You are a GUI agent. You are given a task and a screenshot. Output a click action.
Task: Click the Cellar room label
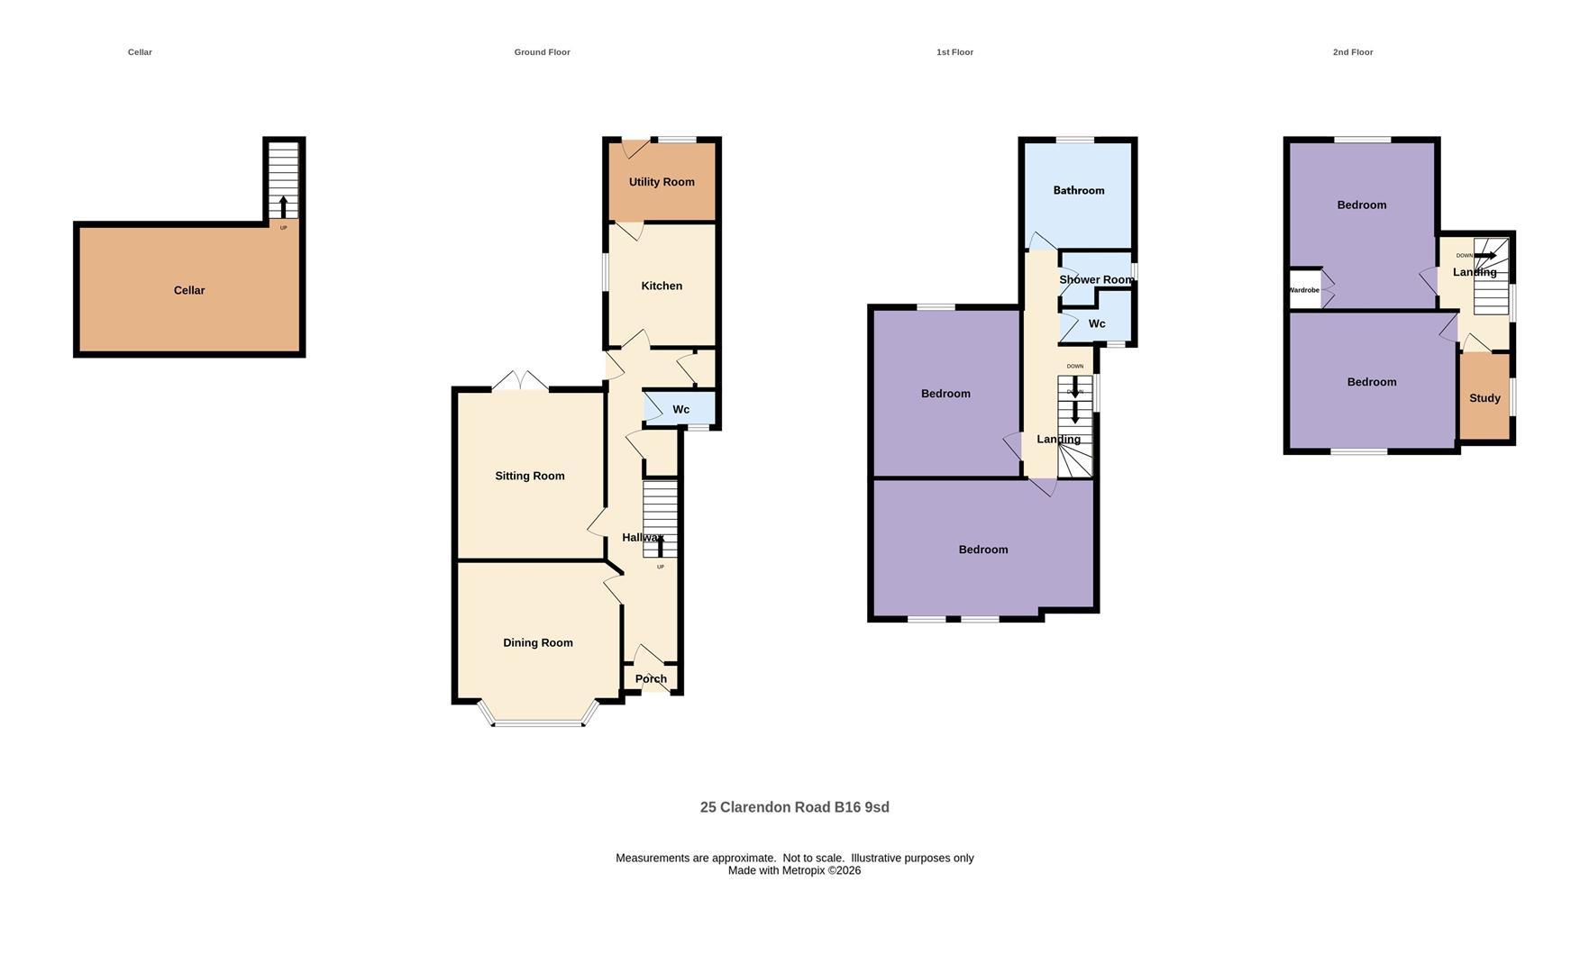[189, 290]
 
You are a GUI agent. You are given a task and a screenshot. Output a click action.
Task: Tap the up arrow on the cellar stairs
[283, 206]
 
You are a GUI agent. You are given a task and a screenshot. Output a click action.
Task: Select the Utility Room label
[662, 182]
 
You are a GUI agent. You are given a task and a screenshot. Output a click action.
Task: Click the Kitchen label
[662, 286]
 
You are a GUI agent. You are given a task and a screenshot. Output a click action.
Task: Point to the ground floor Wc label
[681, 409]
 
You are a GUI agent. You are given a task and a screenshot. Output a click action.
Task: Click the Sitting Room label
[530, 476]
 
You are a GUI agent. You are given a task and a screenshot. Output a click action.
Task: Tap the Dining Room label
[538, 642]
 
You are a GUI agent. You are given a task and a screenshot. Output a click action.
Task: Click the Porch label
[651, 679]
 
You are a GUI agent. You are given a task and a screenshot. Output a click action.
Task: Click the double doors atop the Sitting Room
[520, 381]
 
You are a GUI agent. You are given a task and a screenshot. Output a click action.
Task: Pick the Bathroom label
[1079, 190]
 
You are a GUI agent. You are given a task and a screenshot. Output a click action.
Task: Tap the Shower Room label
[1097, 279]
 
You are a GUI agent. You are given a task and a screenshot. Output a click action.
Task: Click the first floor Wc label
[1097, 323]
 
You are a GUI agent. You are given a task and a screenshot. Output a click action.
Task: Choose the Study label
[1485, 398]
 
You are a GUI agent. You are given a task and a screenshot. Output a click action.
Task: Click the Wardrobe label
[1303, 290]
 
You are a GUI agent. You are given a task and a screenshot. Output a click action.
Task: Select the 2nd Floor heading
[1353, 52]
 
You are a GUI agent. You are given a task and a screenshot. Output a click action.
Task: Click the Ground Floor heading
[543, 52]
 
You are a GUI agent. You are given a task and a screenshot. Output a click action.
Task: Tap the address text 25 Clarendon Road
[765, 807]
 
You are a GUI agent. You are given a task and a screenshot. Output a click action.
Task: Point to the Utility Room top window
[677, 140]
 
